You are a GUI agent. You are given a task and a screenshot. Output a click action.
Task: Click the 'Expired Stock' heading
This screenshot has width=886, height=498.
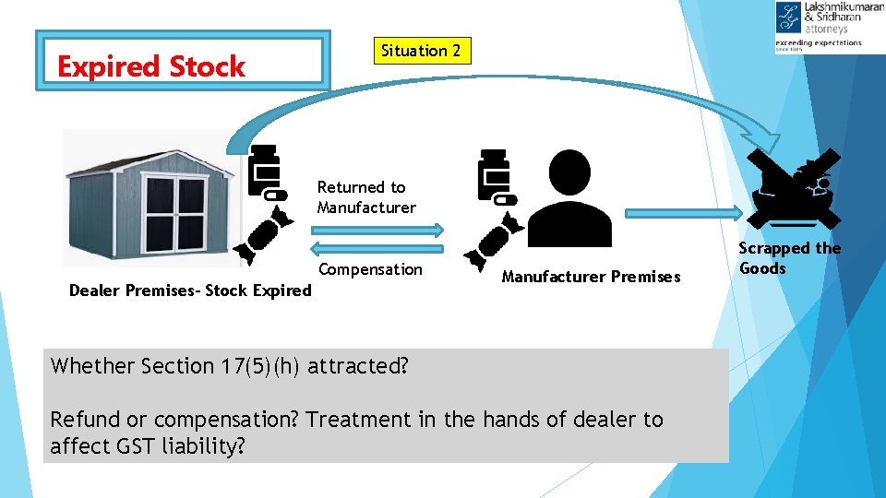tap(151, 66)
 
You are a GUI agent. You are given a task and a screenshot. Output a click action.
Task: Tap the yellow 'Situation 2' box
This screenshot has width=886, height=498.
tap(421, 51)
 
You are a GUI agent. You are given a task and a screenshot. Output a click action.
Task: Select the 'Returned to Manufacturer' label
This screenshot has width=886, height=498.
tap(366, 197)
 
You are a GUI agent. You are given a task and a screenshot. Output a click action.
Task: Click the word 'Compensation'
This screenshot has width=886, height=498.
tap(370, 269)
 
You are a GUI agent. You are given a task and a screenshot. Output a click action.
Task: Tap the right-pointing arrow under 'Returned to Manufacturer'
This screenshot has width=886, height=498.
tap(378, 228)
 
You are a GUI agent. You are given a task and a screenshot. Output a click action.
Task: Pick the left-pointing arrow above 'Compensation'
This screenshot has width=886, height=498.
tap(378, 247)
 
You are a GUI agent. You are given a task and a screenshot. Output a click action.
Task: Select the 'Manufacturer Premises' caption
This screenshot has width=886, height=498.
tap(591, 277)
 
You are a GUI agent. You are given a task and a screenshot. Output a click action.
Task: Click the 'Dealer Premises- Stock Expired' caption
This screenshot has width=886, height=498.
tap(191, 290)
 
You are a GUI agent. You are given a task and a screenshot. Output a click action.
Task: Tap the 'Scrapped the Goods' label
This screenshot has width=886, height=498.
tap(789, 258)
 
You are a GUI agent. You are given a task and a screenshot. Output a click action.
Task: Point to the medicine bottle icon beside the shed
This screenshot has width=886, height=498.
tap(266, 172)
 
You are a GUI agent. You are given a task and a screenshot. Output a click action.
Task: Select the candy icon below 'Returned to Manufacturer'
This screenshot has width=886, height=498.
tap(258, 235)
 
